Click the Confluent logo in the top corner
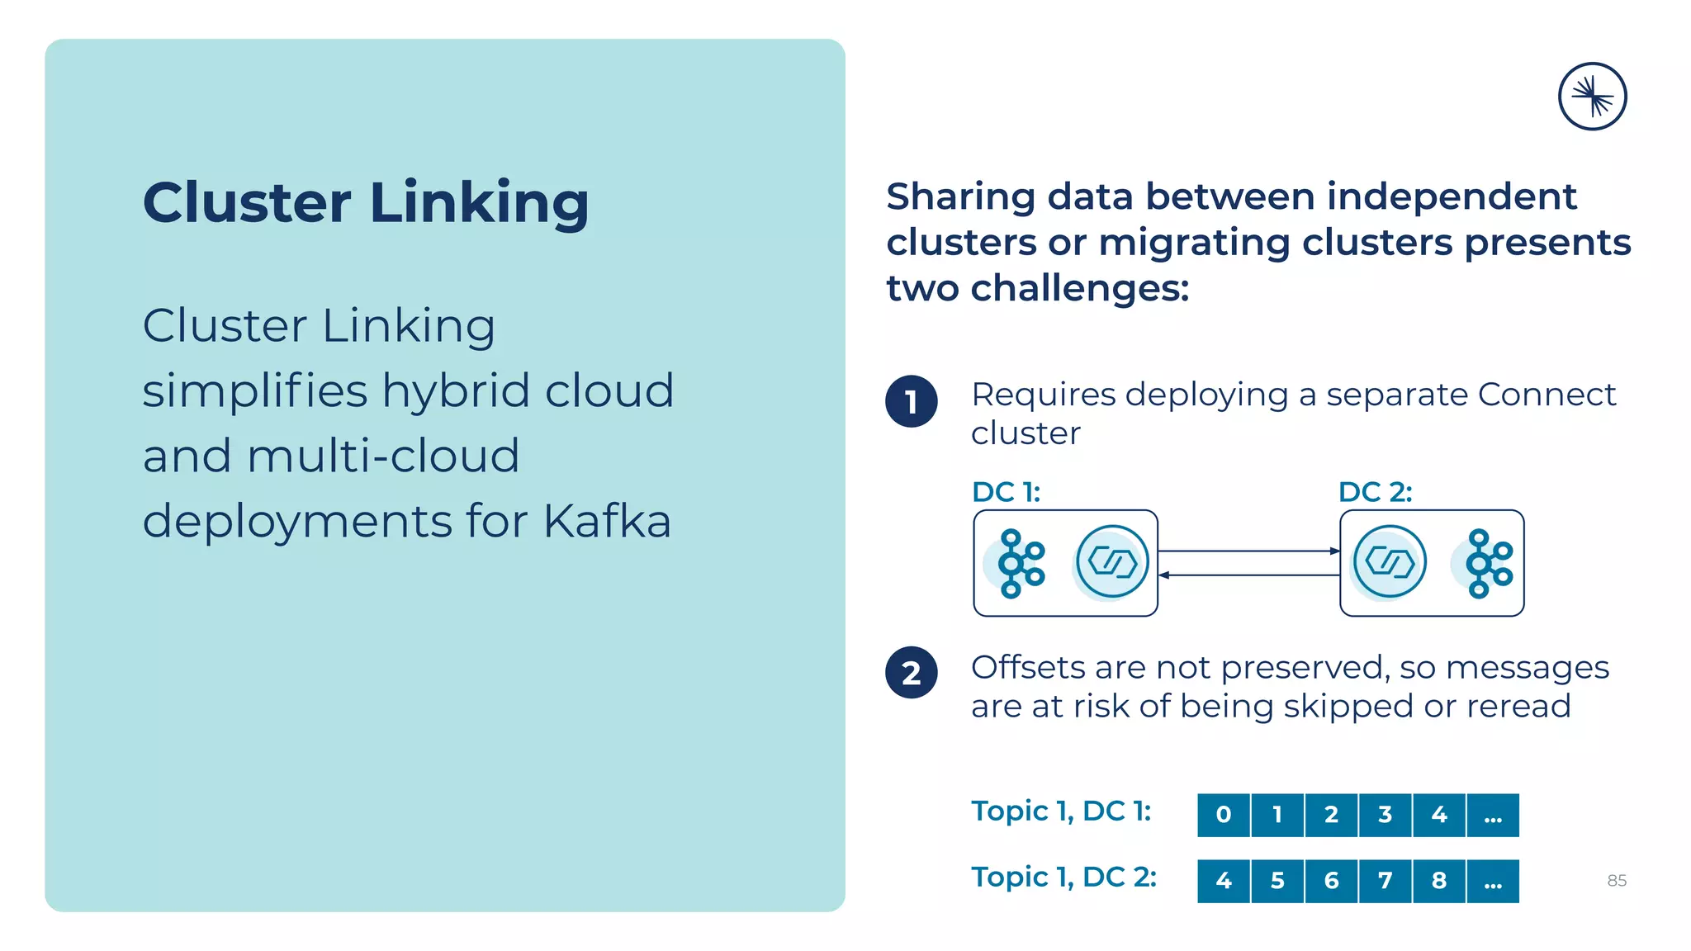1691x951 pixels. tap(1592, 97)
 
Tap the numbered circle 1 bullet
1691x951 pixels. tap(912, 401)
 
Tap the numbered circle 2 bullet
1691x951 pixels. tap(912, 673)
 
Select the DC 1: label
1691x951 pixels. tap(1006, 492)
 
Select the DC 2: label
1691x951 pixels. tap(1375, 492)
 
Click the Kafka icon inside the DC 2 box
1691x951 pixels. tap(1486, 564)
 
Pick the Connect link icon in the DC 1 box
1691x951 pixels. tap(1112, 562)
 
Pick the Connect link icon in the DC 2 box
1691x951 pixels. tap(1390, 562)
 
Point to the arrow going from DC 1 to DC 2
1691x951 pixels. tap(1248, 551)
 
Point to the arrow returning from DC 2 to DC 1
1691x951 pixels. tap(1248, 575)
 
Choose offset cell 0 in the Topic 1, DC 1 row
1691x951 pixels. tap(1224, 816)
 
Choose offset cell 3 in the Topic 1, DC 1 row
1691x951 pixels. tap(1385, 816)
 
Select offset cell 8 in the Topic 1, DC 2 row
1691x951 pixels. tap(1438, 881)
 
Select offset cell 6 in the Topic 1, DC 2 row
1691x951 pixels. tap(1331, 881)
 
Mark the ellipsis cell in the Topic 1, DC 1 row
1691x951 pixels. tap(1493, 816)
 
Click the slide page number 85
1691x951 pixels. tap(1617, 881)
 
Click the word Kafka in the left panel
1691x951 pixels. tap(607, 521)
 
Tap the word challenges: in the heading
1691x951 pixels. tap(1080, 289)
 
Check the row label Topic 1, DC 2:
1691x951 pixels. tap(1063, 877)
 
